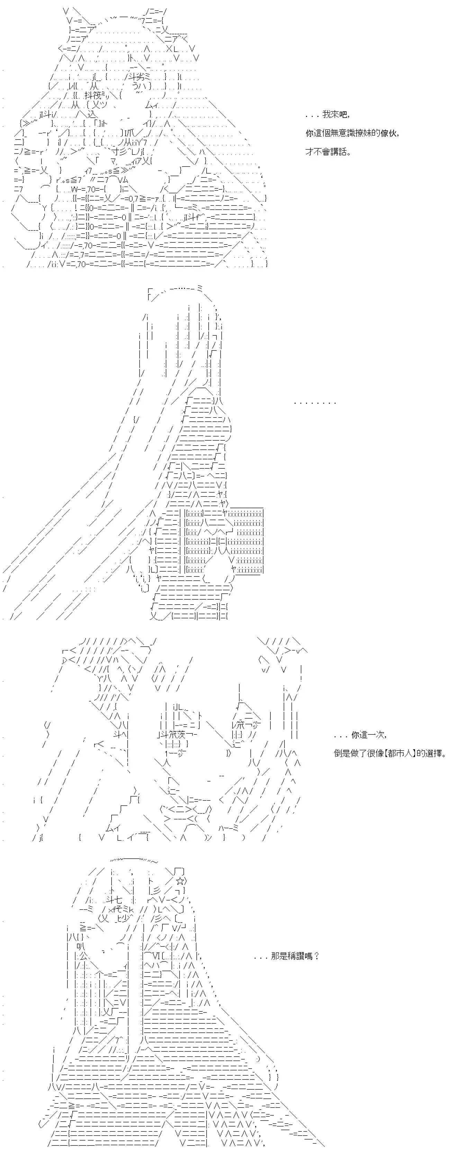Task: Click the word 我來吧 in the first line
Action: coord(335,115)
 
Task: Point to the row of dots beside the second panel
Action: coord(315,403)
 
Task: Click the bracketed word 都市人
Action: coord(398,753)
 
